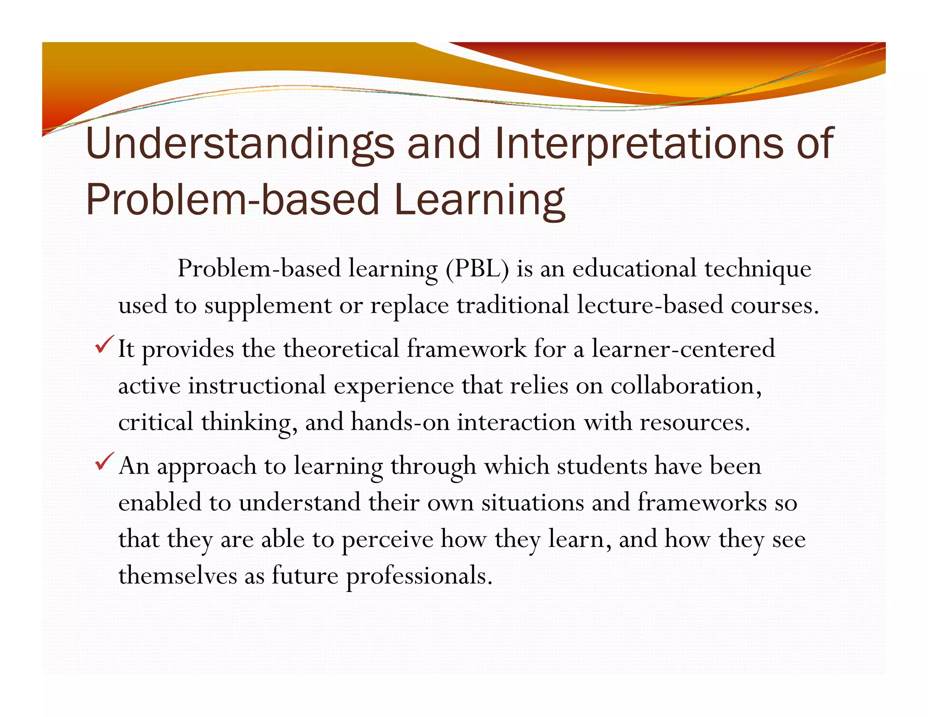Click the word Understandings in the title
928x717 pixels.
[x=240, y=144]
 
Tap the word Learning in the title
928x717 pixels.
[x=479, y=201]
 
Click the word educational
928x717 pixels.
[x=634, y=269]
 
